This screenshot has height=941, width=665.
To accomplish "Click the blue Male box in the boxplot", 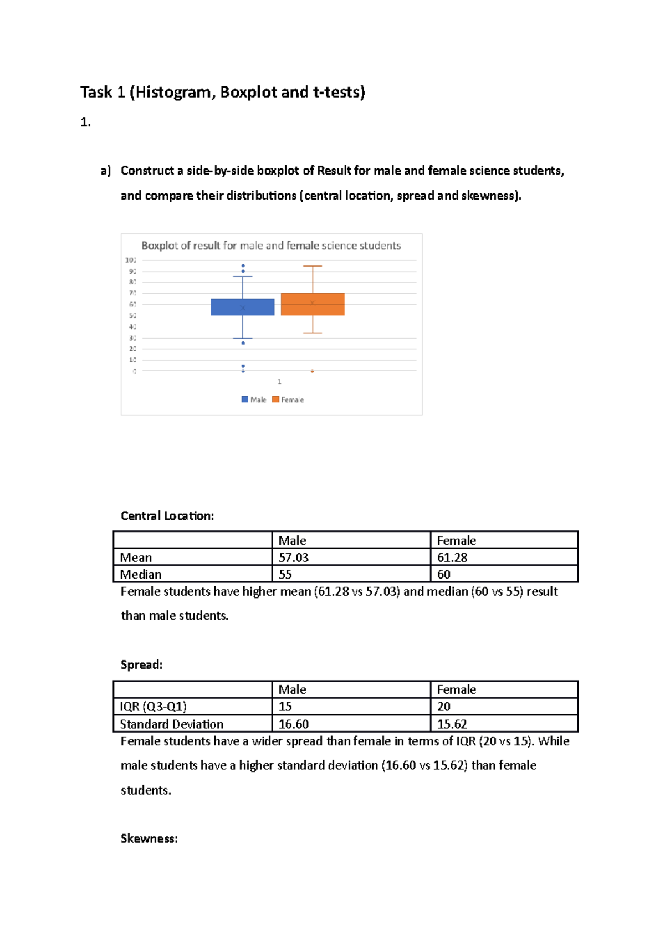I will click(x=243, y=307).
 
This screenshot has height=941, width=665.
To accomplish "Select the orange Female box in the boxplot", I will click(x=313, y=304).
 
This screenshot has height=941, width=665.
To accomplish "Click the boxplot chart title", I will click(x=271, y=246).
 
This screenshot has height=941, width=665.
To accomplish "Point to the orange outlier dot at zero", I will click(x=313, y=371).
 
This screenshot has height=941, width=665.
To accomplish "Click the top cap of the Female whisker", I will click(x=313, y=266).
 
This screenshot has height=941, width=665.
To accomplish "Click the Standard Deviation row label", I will click(x=172, y=724).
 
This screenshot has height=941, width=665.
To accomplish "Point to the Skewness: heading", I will click(x=149, y=838).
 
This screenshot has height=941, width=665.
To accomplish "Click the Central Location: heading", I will click(x=167, y=516).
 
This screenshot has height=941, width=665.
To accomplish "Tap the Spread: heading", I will click(x=142, y=664).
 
